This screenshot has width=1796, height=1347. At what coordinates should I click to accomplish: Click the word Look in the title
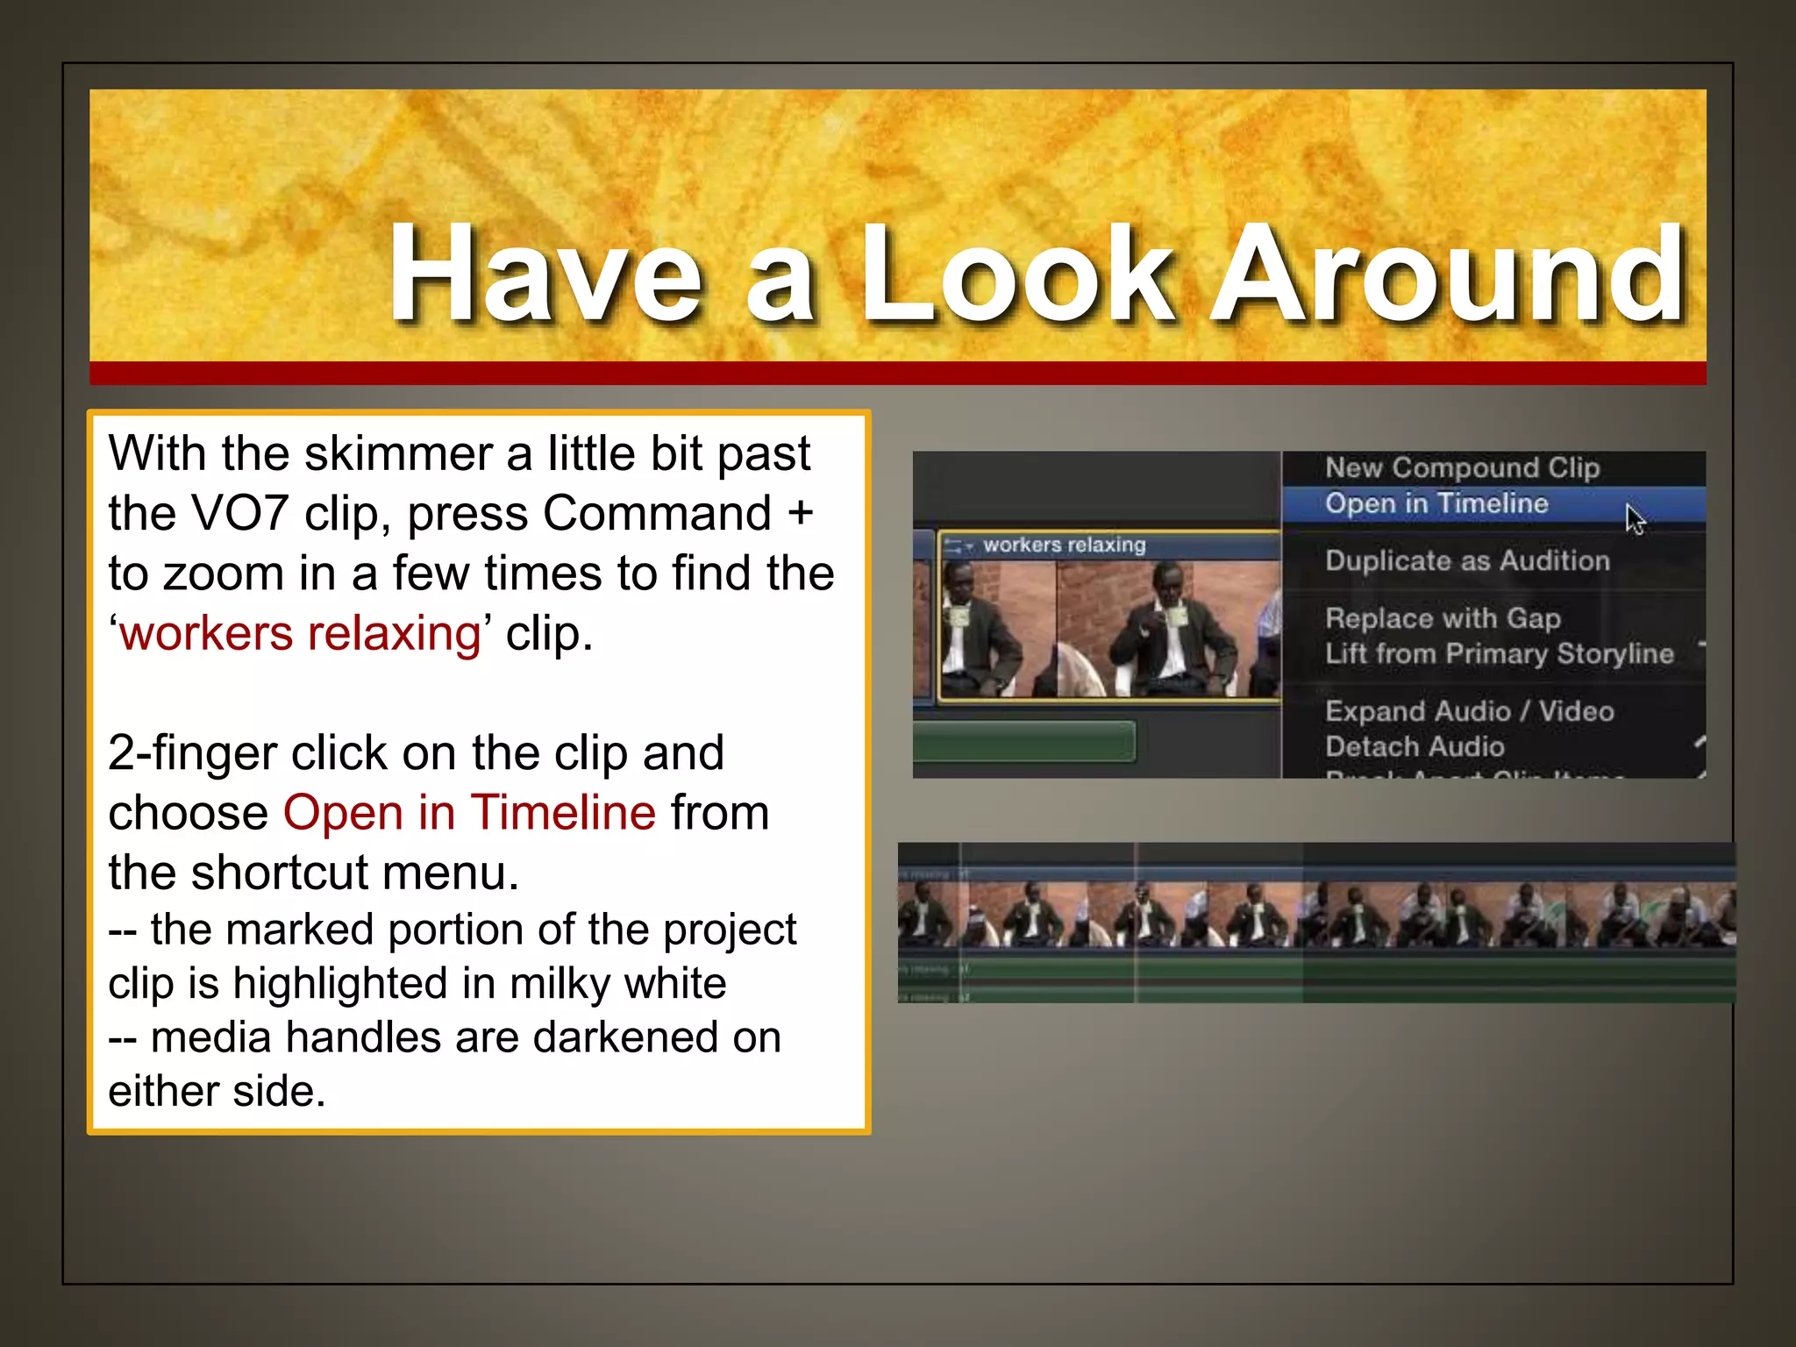(1017, 274)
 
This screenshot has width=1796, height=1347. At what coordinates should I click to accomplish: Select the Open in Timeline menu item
(1436, 504)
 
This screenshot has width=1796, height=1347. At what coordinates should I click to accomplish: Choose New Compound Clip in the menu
(1462, 467)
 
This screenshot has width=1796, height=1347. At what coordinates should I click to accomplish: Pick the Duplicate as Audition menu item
(1467, 561)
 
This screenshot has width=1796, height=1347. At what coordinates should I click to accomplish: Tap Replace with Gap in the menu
(1443, 618)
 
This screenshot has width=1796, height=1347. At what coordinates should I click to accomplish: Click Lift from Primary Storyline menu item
(1499, 654)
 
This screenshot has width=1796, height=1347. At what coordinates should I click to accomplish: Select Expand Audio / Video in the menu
(1469, 711)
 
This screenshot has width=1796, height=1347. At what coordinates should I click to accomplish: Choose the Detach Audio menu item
(1415, 747)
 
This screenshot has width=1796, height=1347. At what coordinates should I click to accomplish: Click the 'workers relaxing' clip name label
(1064, 545)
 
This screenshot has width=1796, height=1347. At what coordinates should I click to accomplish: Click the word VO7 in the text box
(239, 515)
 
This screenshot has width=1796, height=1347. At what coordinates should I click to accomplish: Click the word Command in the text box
(657, 515)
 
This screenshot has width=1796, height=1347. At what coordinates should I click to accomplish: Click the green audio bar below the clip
(1023, 742)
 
